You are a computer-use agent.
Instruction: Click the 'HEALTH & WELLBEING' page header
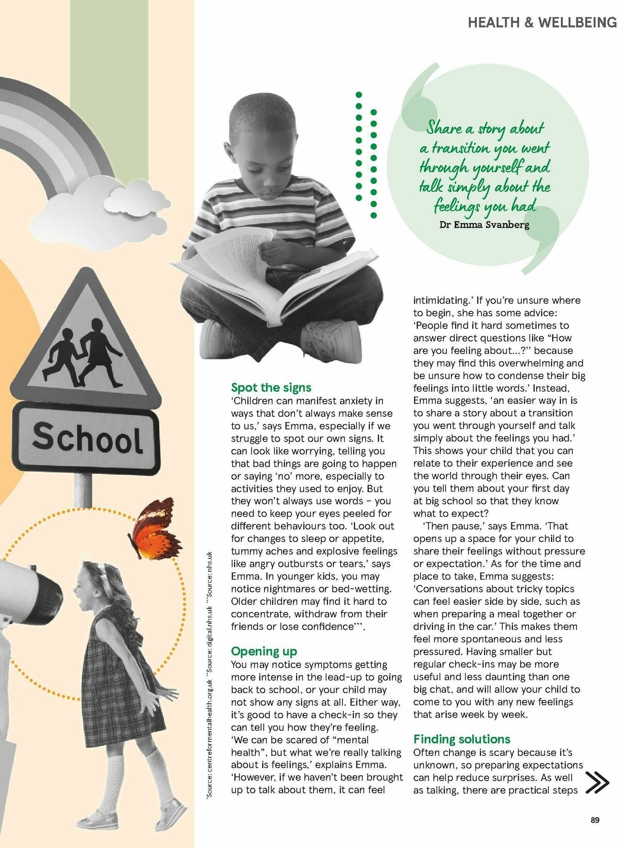[542, 22]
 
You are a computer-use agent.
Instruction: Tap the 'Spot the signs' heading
[271, 387]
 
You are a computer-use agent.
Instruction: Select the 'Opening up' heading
[264, 651]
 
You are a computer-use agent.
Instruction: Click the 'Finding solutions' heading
[461, 739]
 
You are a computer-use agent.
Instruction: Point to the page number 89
[595, 820]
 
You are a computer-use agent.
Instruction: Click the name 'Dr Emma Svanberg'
[484, 225]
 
